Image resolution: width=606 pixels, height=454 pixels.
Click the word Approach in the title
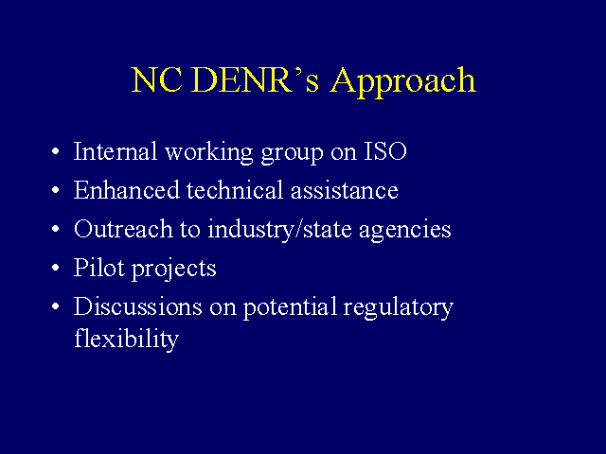pos(402,82)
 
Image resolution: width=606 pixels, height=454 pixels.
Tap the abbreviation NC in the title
pos(156,79)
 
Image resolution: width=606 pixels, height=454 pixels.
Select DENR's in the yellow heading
pos(255,79)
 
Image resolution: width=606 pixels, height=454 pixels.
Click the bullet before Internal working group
pos(56,151)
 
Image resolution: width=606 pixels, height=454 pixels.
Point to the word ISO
pos(385,151)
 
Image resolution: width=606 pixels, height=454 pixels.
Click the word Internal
pos(116,151)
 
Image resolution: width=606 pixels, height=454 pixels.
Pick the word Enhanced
pos(127,189)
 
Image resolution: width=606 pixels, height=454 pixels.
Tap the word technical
pos(235,189)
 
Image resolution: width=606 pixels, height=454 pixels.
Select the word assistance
pos(344,190)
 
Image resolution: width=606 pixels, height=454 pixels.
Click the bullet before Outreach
pos(56,229)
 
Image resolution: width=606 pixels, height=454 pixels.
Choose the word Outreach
pos(123,229)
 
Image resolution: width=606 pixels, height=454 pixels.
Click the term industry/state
pos(280,230)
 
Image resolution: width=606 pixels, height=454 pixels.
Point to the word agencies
pos(404,231)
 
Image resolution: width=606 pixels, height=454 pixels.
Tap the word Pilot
pos(98,267)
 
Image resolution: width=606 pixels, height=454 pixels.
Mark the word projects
pos(174,270)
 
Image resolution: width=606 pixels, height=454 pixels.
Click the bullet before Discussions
pos(56,306)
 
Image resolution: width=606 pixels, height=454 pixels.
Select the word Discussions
pos(137,306)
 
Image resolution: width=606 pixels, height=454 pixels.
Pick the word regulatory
pos(398,308)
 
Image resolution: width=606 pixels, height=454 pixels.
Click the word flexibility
pos(126,340)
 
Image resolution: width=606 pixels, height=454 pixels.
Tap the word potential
pos(290,307)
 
